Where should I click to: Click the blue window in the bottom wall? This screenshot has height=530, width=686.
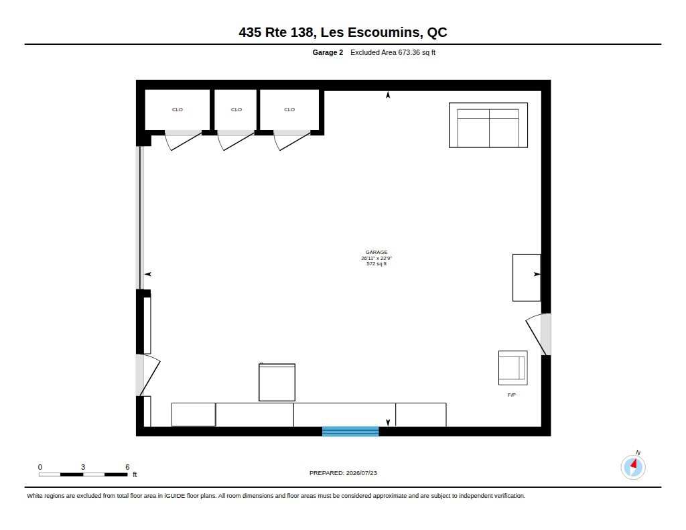(x=350, y=432)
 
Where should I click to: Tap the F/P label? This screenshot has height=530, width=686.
(x=511, y=395)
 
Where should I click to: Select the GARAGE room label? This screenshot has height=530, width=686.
(x=376, y=252)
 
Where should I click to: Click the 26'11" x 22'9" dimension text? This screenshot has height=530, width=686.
(x=376, y=258)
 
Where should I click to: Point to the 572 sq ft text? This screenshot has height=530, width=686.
(x=376, y=264)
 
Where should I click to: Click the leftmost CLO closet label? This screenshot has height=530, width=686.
(x=177, y=109)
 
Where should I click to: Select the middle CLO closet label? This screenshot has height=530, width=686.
(x=236, y=109)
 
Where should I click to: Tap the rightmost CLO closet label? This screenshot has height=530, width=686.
(x=289, y=109)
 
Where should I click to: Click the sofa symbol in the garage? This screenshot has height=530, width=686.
(x=488, y=125)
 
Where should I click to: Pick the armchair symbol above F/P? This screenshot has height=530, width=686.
(x=512, y=368)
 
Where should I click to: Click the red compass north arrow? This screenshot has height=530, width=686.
(x=634, y=464)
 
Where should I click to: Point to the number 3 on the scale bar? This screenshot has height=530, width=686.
(x=82, y=467)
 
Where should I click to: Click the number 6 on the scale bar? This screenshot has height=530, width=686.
(x=127, y=467)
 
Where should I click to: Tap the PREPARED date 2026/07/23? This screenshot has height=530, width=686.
(x=361, y=473)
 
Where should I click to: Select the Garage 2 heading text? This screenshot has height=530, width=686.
(x=328, y=52)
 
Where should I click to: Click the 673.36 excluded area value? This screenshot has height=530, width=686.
(x=409, y=52)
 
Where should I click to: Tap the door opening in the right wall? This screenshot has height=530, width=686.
(x=545, y=334)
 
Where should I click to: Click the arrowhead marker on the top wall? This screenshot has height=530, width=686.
(x=388, y=94)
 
